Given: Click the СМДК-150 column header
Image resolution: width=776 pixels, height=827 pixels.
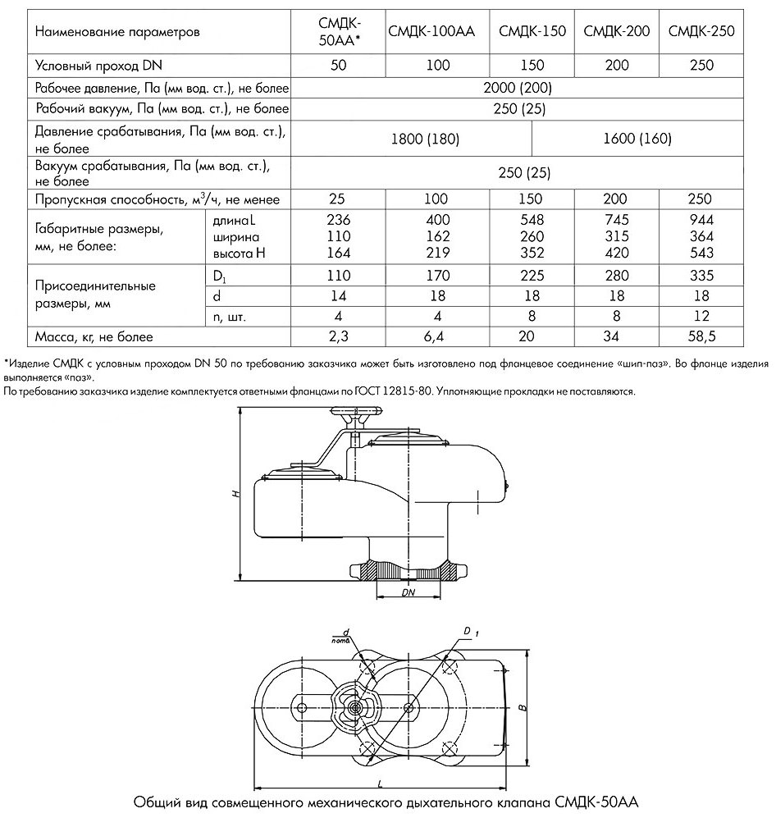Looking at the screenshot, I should [532, 31].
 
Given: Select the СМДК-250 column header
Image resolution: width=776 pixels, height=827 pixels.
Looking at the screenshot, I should [701, 31].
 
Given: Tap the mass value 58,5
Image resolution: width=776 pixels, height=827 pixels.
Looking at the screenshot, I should [702, 336].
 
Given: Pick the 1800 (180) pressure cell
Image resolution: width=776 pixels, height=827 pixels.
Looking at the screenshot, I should [414, 139].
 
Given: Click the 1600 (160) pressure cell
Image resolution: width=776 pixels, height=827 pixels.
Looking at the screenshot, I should [637, 139].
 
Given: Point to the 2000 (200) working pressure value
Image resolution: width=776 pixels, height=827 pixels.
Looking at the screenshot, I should [523, 88].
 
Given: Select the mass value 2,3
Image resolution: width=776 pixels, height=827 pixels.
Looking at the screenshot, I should [338, 336].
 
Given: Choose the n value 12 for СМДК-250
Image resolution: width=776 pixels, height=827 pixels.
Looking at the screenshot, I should [702, 316].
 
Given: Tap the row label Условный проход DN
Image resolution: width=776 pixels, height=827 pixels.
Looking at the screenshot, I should [92, 66].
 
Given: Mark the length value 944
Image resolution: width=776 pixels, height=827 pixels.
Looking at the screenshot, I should [702, 219].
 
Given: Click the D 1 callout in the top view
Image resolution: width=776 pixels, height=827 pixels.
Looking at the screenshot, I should [469, 631].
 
